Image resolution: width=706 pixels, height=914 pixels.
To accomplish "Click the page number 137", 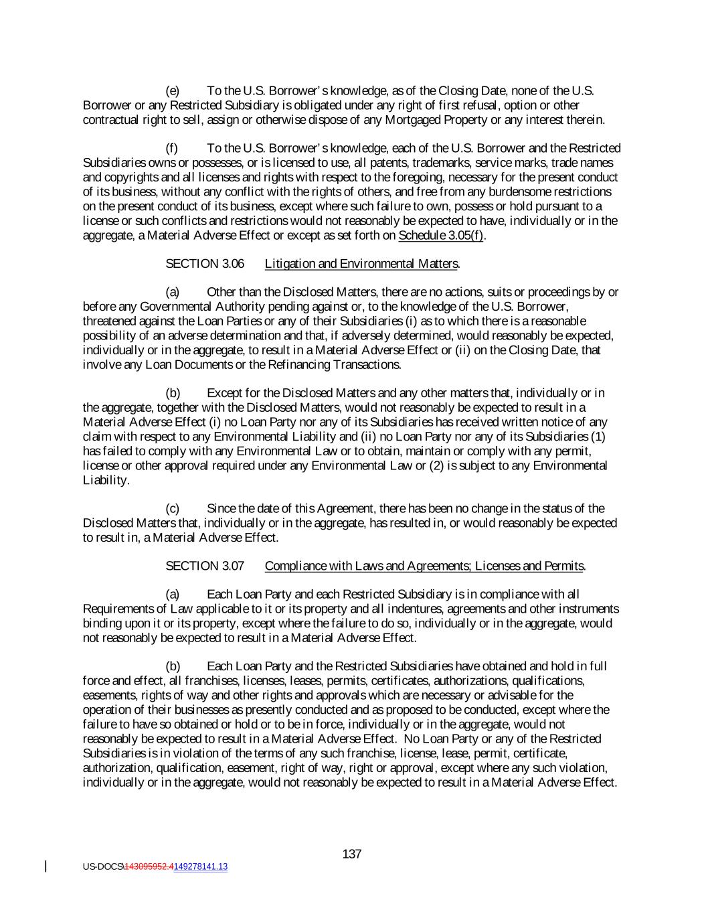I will (x=352, y=854).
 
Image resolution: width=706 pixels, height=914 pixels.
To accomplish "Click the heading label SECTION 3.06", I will (x=205, y=264).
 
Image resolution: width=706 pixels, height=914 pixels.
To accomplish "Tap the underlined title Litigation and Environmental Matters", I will (x=361, y=264).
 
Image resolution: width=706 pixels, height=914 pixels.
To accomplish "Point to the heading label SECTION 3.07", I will (x=205, y=566).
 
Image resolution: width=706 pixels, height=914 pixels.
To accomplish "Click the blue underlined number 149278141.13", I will (x=201, y=866).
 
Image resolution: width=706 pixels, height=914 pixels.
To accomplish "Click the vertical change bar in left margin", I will (x=46, y=866).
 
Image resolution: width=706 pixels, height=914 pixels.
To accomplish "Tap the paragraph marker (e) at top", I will (x=172, y=91).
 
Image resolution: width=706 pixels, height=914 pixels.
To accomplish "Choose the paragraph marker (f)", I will (x=172, y=148).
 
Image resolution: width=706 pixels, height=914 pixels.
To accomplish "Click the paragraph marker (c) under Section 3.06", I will (x=172, y=508).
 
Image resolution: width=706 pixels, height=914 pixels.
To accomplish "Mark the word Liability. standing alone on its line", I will (x=106, y=480).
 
